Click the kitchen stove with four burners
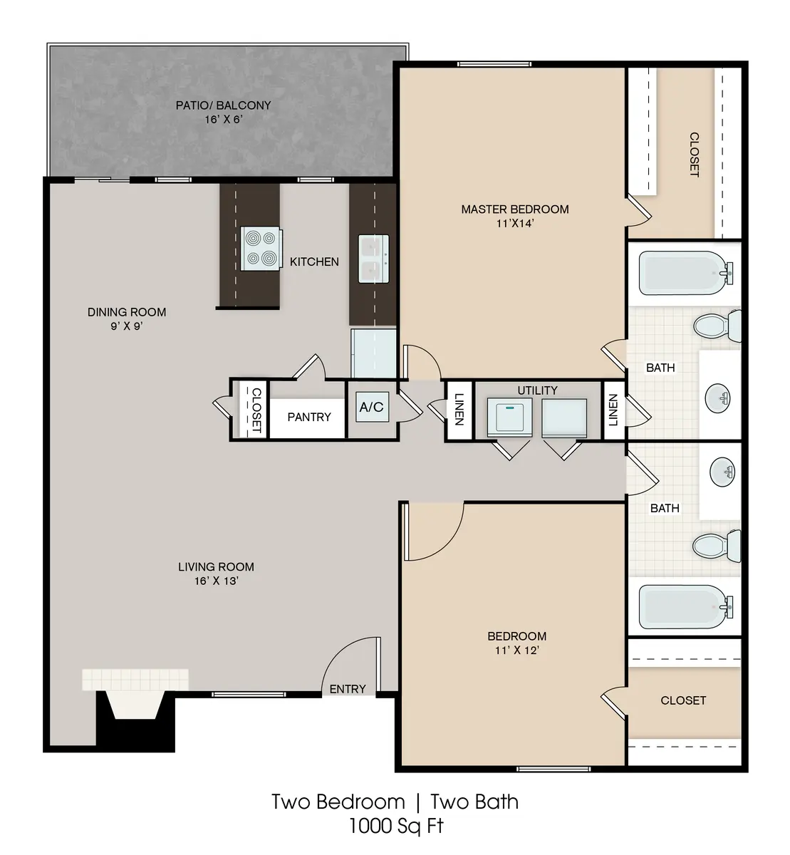click(x=261, y=249)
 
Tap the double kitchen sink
click(x=373, y=259)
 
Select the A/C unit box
click(x=372, y=408)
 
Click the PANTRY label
click(x=309, y=417)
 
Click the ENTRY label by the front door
click(x=348, y=689)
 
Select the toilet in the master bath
click(x=715, y=326)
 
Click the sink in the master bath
click(x=719, y=397)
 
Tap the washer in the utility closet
click(x=510, y=418)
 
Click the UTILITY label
click(x=537, y=390)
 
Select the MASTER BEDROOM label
click(x=514, y=209)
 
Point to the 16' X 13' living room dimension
click(x=216, y=581)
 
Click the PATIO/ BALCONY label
click(x=223, y=105)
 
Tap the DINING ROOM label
click(x=127, y=312)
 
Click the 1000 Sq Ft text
click(x=395, y=826)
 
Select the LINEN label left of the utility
click(x=459, y=410)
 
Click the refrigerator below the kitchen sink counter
click(x=373, y=353)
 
